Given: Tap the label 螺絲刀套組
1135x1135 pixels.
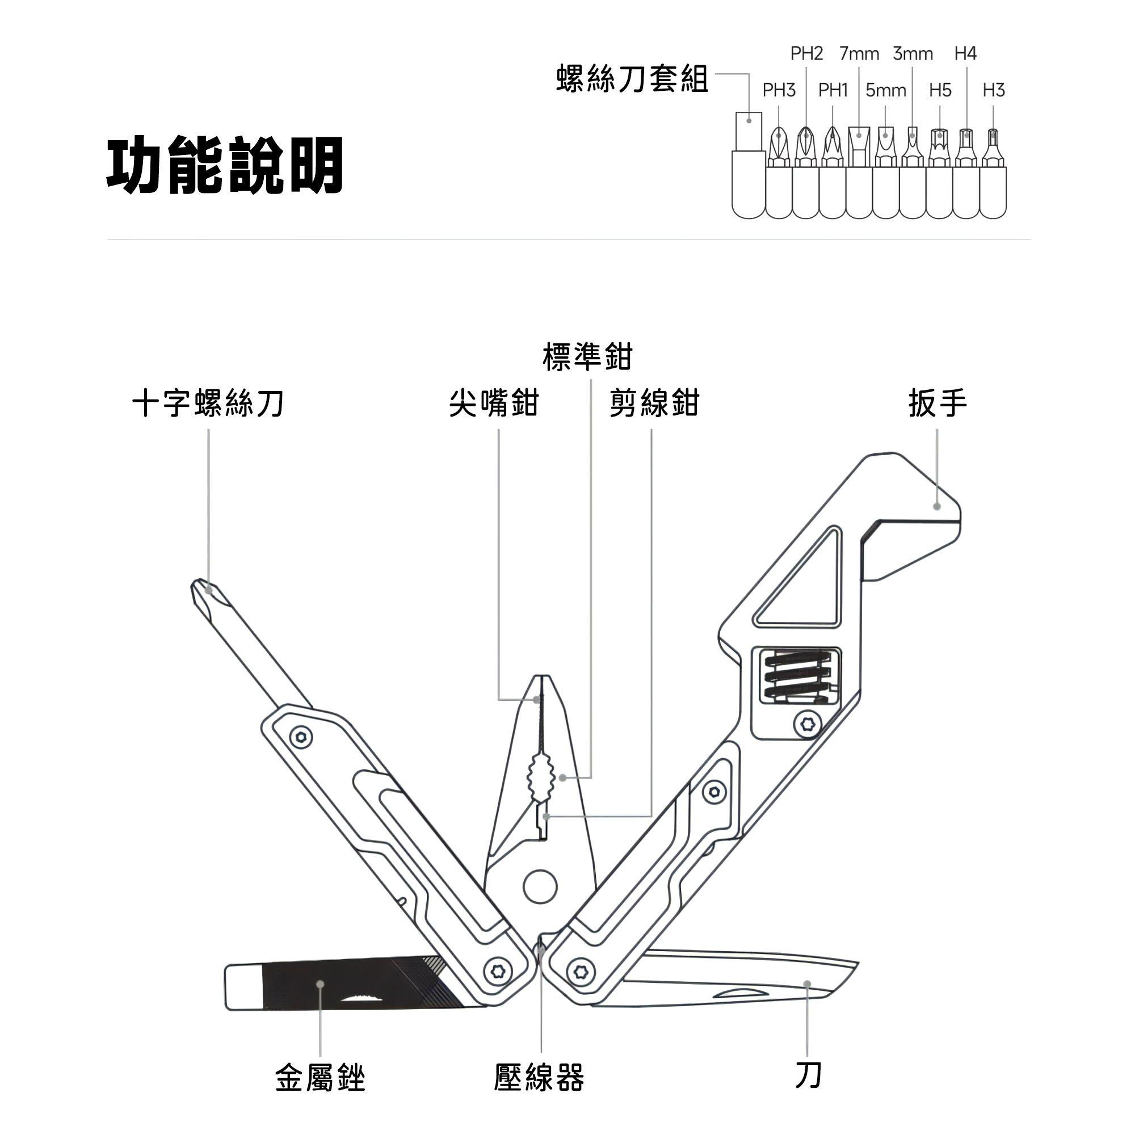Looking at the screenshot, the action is (x=632, y=79).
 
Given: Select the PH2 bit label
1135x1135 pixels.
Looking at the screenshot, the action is (x=806, y=53).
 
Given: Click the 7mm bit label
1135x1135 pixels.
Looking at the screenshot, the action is (x=859, y=53).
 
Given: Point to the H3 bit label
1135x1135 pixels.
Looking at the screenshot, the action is (x=994, y=90).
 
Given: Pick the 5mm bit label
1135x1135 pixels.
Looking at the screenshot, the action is (x=886, y=90).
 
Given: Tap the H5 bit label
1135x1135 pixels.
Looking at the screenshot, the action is (x=940, y=90).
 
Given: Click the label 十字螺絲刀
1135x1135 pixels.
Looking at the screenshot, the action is (x=208, y=403).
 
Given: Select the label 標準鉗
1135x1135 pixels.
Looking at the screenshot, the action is (x=587, y=356).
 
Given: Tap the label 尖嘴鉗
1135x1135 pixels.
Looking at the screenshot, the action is (x=494, y=403).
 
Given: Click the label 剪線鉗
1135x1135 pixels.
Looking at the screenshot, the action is (x=654, y=403).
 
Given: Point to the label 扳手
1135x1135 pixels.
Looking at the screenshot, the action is (x=938, y=403).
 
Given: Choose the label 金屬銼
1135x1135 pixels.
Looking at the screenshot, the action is (x=320, y=1078).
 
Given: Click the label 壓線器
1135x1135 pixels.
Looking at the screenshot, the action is (x=539, y=1078).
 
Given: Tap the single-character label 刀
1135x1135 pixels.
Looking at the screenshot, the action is (x=808, y=1075).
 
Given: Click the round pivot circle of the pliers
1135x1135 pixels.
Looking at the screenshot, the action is (x=540, y=887).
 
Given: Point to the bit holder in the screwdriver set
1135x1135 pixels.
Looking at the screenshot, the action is (x=749, y=165).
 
